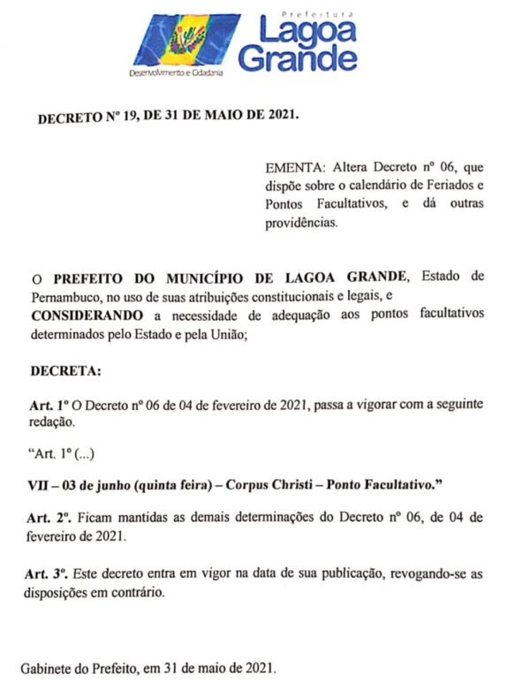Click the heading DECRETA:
[x=66, y=369]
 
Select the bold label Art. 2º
[x=49, y=517]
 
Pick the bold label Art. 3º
[x=46, y=574]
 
